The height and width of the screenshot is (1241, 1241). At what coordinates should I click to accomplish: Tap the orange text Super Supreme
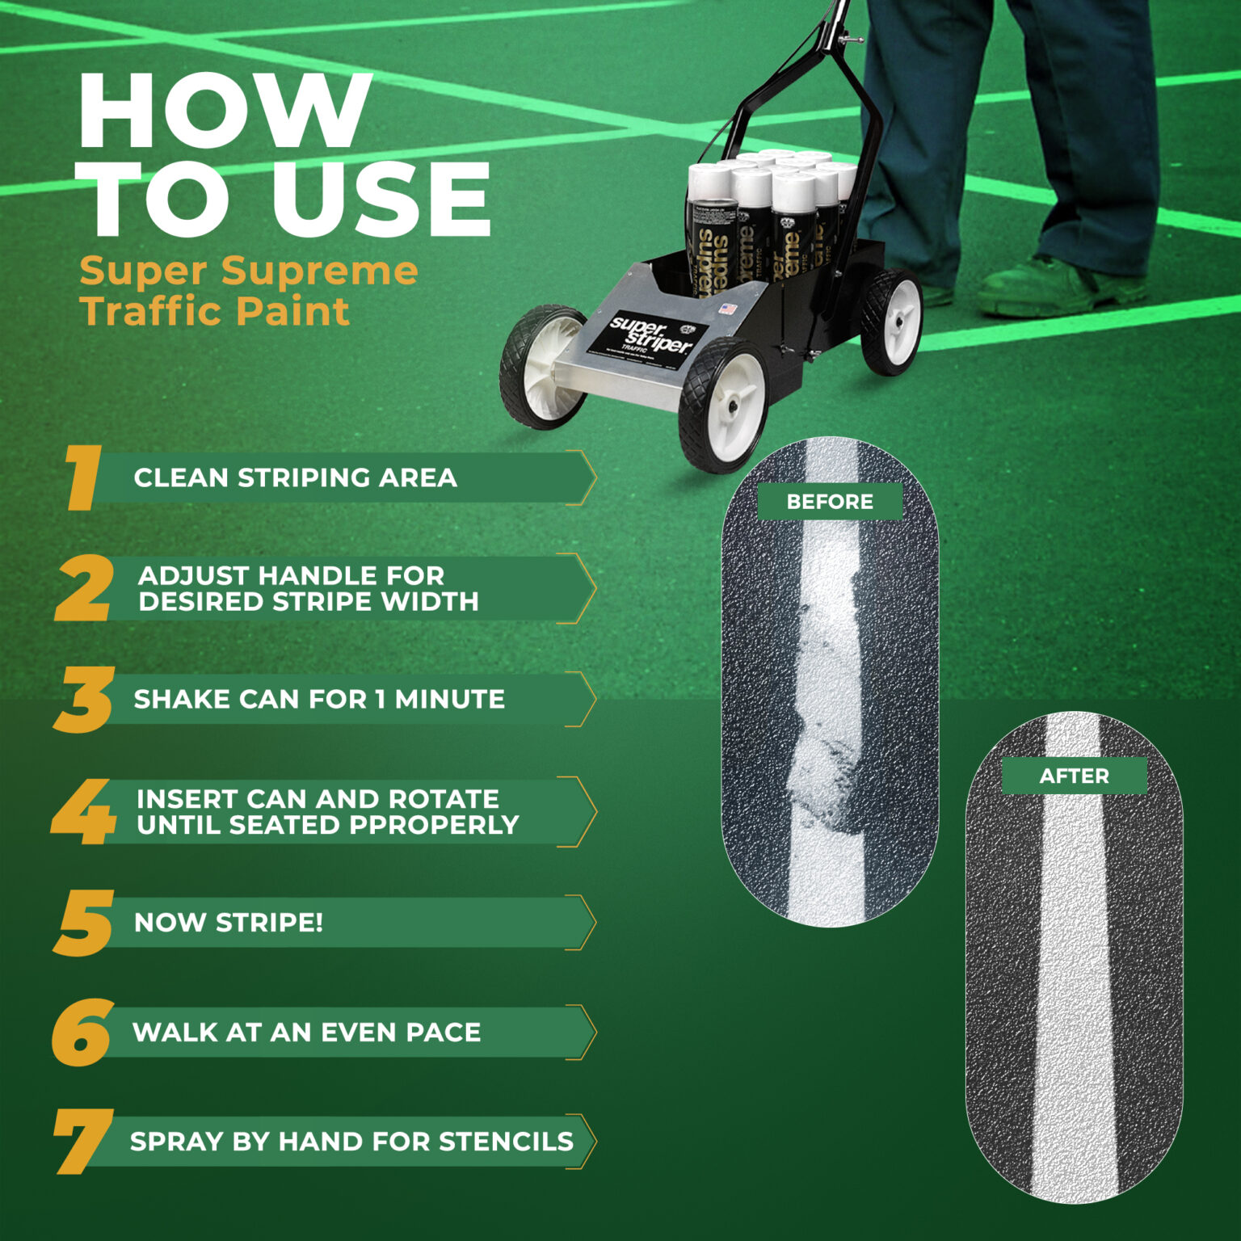tap(249, 271)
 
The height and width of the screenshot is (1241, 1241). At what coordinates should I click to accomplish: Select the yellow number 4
tap(83, 811)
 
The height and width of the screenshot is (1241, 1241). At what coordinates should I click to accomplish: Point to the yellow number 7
tap(82, 1141)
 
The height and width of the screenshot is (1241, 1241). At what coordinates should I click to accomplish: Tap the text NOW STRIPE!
tap(229, 922)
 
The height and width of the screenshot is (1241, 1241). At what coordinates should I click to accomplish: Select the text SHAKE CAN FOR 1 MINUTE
tap(319, 699)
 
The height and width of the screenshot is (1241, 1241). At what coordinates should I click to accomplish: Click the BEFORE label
tap(830, 502)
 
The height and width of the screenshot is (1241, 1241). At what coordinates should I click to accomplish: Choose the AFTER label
tap(1074, 776)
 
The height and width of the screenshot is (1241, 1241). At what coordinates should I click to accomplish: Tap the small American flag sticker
tap(728, 309)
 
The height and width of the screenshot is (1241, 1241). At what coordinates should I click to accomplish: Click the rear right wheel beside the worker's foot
tap(892, 322)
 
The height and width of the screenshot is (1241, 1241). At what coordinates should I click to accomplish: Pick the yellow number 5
tap(83, 923)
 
